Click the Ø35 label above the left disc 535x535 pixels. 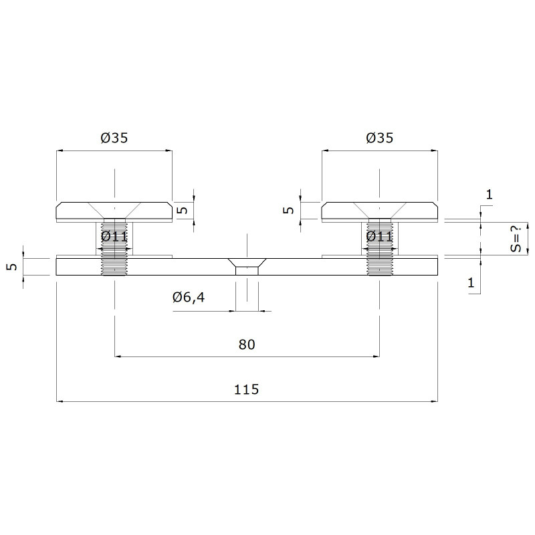pos(114,138)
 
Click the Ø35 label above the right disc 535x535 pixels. pos(379,138)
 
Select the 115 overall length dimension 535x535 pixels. pos(246,389)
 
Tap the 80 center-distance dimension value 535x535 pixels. pos(247,344)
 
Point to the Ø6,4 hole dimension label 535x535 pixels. pos(189,298)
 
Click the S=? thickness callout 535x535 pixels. pos(516,239)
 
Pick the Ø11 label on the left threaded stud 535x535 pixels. pos(114,237)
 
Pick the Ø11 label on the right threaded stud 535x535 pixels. pos(379,237)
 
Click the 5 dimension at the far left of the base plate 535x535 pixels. pos(12,266)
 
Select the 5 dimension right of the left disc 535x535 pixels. pos(183,209)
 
